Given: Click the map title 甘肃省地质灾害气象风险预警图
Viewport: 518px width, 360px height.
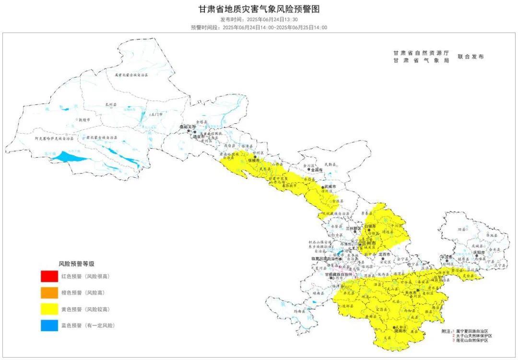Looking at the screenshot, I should tap(259, 9).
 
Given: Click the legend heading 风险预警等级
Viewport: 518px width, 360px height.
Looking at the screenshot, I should tap(76, 263).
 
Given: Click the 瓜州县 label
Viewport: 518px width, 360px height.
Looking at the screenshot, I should tap(111, 105).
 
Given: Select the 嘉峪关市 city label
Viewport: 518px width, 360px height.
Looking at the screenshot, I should tap(185, 127).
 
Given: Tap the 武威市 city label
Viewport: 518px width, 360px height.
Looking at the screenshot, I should tap(331, 186).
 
